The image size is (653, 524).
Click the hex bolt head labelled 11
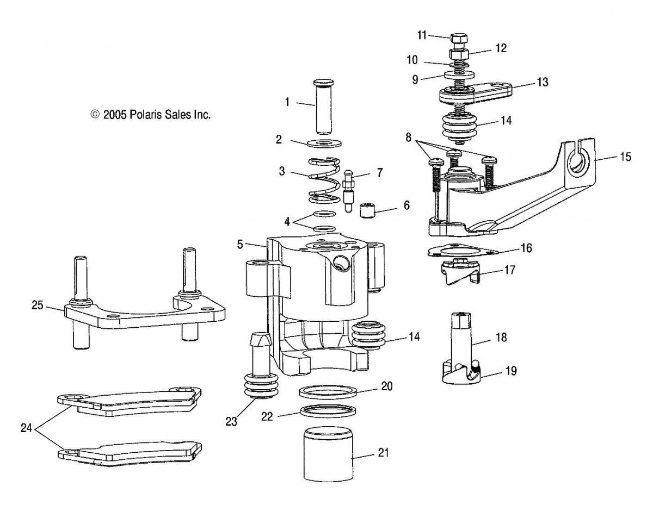tap(459, 39)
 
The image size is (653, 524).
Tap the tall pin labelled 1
tap(323, 107)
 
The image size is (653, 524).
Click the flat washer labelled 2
tap(324, 143)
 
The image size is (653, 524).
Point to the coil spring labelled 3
tap(324, 180)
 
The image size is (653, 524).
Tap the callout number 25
tap(38, 305)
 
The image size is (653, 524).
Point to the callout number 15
tap(625, 157)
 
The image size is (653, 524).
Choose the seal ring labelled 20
tap(328, 392)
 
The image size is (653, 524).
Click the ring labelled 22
tap(328, 411)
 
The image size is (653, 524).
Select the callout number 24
tap(27, 428)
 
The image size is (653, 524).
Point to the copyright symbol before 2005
tap(95, 114)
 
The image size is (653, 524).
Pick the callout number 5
tap(240, 245)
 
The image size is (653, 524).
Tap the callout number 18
tap(501, 338)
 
